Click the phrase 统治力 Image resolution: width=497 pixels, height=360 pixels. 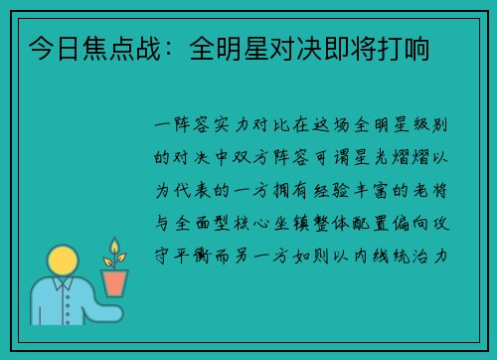click(x=427, y=256)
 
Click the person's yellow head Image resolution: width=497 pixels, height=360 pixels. click(x=63, y=263)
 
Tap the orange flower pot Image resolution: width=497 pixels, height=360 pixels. click(x=114, y=283)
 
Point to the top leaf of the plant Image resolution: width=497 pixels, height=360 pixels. click(x=114, y=243)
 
